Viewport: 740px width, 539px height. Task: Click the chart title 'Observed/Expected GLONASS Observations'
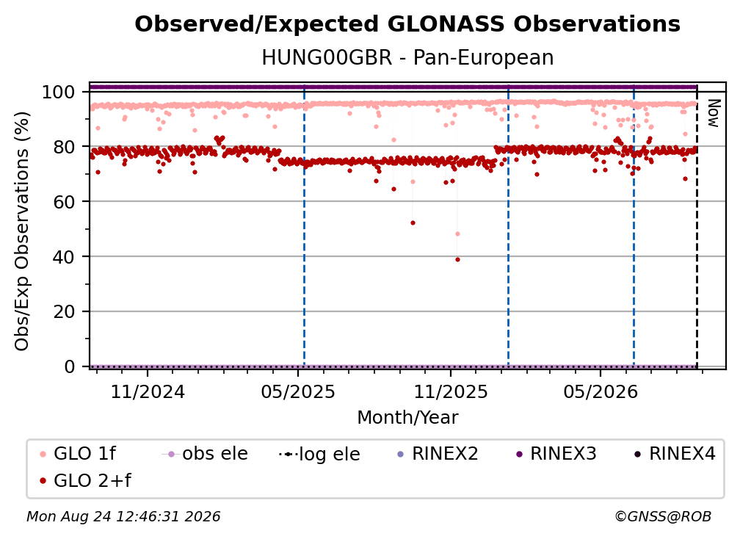coord(407,24)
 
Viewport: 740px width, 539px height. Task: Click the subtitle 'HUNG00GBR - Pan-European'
coord(407,57)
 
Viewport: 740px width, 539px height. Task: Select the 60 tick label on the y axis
coord(64,201)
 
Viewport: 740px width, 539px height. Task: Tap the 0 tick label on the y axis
coord(70,366)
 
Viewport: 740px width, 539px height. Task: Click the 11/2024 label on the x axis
coord(148,391)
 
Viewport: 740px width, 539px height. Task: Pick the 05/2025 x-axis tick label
coord(298,391)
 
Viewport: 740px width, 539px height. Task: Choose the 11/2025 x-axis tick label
coord(451,391)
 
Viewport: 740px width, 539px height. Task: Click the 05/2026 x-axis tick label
coord(601,391)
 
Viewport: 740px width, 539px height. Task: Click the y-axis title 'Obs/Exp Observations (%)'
coord(22,231)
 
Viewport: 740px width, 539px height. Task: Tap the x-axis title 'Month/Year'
coord(407,417)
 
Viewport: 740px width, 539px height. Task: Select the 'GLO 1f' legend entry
coord(78,454)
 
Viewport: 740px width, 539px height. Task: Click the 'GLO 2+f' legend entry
coord(85,480)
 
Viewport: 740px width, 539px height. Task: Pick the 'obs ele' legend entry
coord(205,454)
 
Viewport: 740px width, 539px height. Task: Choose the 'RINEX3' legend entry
coord(556,454)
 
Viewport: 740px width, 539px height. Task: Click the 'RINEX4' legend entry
coord(675,454)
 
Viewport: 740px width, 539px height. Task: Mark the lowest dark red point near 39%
coord(457,260)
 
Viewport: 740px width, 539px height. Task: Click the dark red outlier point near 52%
coord(413,223)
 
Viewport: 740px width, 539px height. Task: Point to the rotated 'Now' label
coord(713,113)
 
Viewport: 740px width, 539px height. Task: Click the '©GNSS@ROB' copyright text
coord(663,516)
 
